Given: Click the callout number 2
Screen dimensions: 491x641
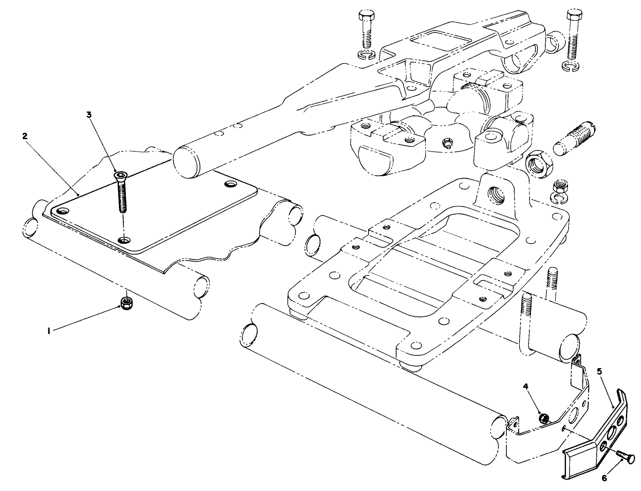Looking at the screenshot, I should [x=25, y=136].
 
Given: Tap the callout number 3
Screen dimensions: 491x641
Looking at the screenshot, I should [x=89, y=115].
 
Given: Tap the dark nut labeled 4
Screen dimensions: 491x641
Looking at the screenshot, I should [x=543, y=418].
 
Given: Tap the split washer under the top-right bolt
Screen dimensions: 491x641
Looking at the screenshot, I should [x=570, y=66].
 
